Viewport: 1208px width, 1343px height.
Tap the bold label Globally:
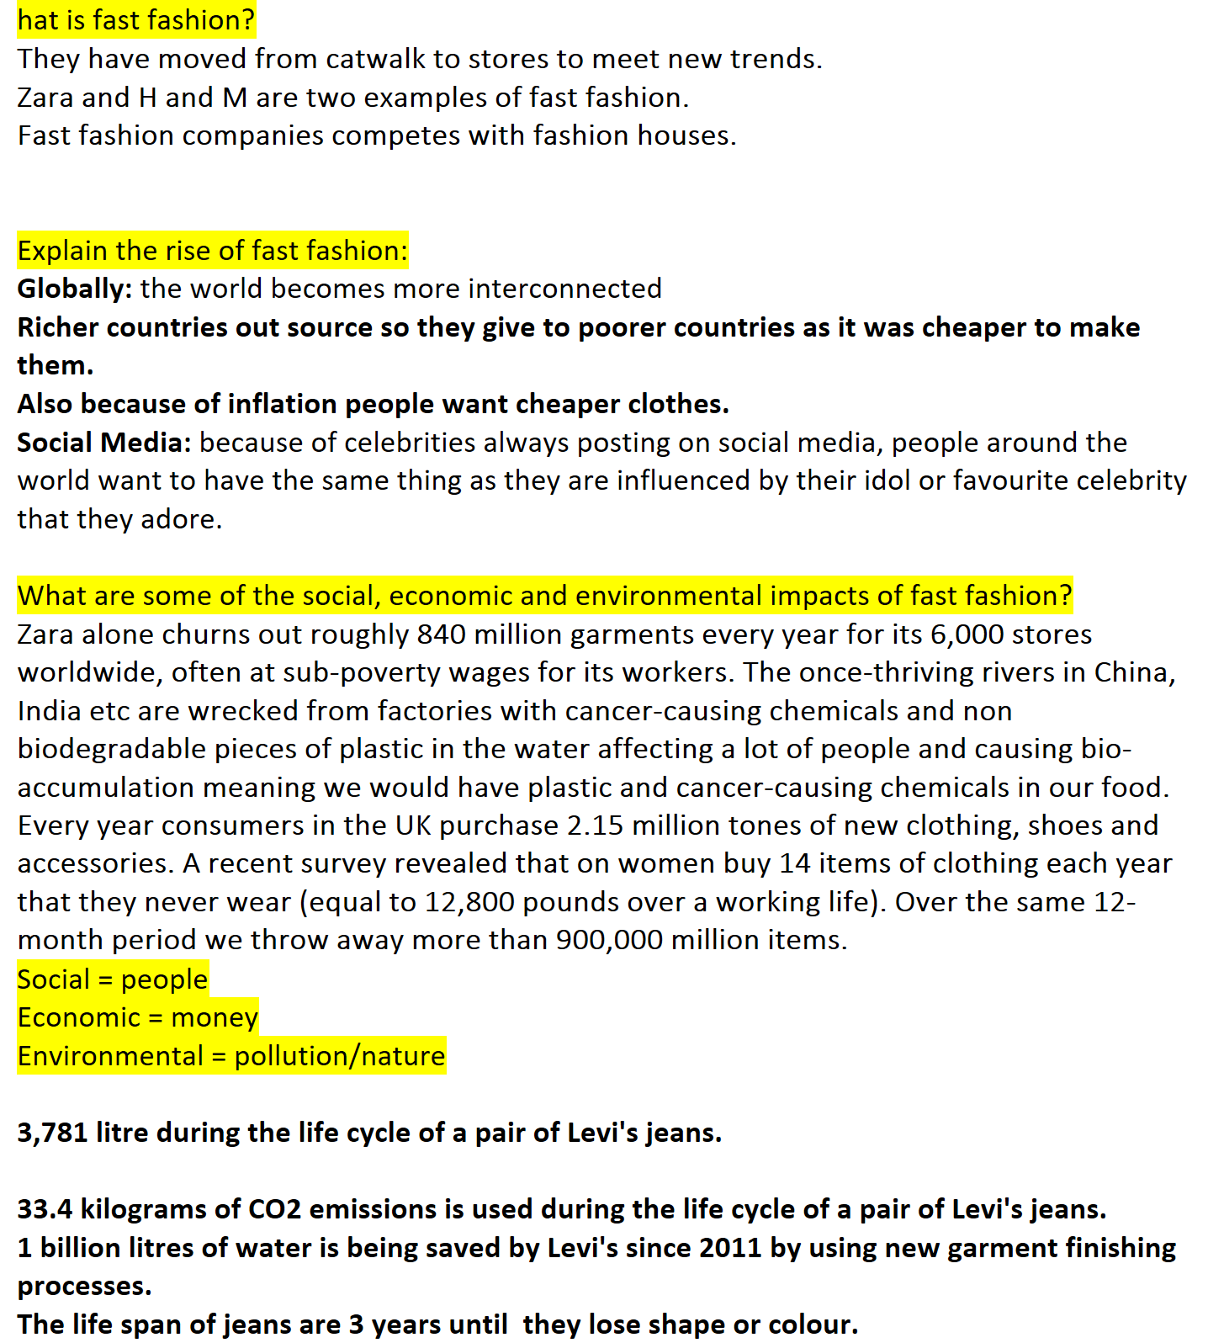click(74, 289)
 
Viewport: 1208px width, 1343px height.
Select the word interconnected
click(564, 289)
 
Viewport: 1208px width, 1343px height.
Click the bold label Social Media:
click(104, 443)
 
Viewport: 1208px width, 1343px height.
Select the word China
click(1133, 672)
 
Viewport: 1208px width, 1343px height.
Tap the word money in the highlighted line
click(215, 1017)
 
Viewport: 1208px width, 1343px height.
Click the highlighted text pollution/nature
click(339, 1056)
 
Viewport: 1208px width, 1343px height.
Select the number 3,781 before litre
click(52, 1133)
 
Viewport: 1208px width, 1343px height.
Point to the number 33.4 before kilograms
click(45, 1209)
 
